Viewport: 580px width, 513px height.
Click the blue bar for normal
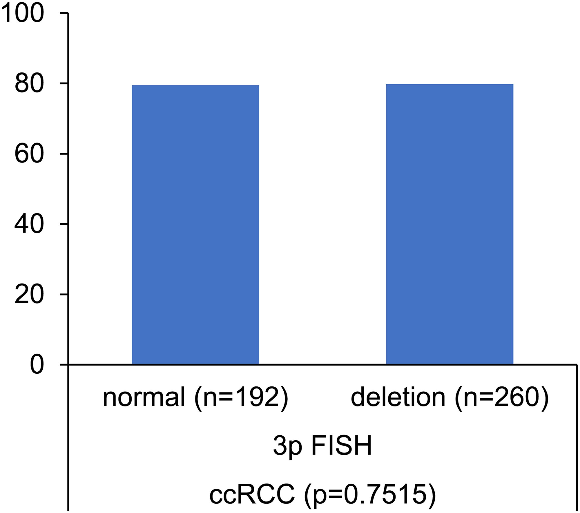coord(195,224)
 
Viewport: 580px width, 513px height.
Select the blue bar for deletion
coord(449,224)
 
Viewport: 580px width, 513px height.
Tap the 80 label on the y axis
coord(29,84)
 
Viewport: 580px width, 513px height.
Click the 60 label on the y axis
coord(29,154)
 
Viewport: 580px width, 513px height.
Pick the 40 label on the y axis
coord(29,224)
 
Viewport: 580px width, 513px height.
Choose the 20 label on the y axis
coord(29,295)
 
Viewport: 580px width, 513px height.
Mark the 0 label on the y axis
coord(37,365)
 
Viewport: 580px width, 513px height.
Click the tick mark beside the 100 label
coord(64,13)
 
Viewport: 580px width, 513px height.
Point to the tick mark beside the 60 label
coord(64,154)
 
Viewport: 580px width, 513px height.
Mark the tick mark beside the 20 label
coord(64,294)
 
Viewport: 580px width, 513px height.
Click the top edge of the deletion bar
coord(449,84)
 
